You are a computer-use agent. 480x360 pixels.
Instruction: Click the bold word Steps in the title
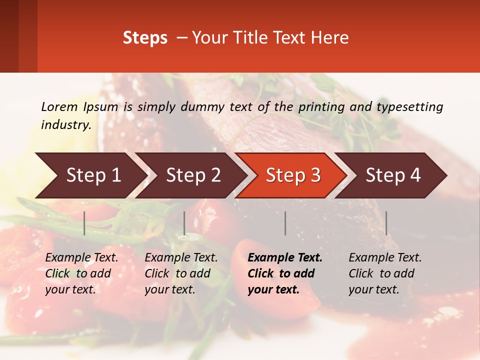(145, 38)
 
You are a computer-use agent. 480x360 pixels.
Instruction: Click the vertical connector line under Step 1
(84, 223)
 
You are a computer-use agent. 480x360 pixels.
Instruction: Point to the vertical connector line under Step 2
(184, 223)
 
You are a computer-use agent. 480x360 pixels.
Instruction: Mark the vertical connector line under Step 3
(285, 223)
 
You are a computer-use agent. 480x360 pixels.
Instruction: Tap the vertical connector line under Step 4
(386, 223)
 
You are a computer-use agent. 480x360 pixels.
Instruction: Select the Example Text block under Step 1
(81, 273)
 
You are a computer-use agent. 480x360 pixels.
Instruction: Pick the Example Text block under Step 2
(181, 273)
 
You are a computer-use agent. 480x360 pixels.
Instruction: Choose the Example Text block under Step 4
(385, 273)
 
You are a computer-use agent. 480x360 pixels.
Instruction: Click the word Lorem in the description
(59, 106)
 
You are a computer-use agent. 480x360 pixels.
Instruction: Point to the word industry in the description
(65, 125)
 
